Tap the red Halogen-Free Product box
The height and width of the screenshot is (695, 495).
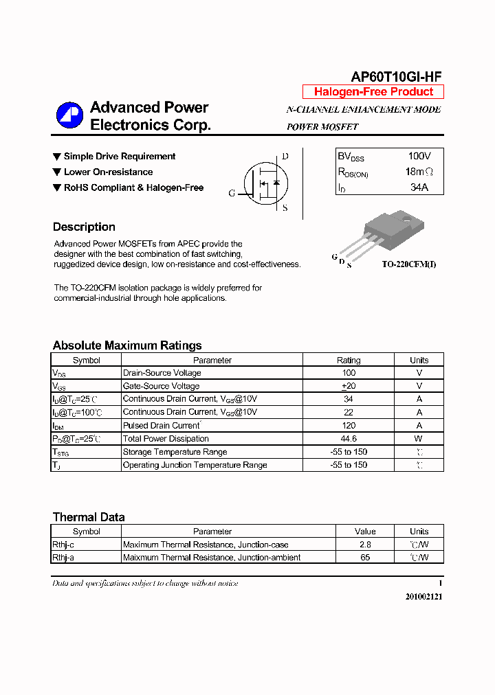(x=373, y=92)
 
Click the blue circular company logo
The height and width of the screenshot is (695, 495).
(x=69, y=115)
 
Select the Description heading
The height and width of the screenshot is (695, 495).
(x=84, y=227)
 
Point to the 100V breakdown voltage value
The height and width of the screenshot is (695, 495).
(x=419, y=157)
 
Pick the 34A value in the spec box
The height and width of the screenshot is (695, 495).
(x=419, y=187)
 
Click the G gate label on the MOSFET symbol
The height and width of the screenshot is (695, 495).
(x=232, y=194)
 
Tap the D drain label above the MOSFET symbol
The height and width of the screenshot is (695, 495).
(x=285, y=156)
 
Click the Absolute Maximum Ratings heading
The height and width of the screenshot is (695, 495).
(x=127, y=345)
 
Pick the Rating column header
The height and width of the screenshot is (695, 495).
(x=349, y=360)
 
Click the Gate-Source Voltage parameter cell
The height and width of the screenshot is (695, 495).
(x=161, y=386)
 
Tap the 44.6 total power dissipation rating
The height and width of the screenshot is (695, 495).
(x=349, y=439)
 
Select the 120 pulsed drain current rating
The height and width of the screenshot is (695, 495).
(x=349, y=426)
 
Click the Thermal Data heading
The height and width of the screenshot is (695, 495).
(x=89, y=517)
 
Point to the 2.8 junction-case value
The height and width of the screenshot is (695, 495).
(x=365, y=545)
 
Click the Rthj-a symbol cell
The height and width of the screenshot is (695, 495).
(x=63, y=558)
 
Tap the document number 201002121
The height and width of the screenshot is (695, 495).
(x=423, y=597)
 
